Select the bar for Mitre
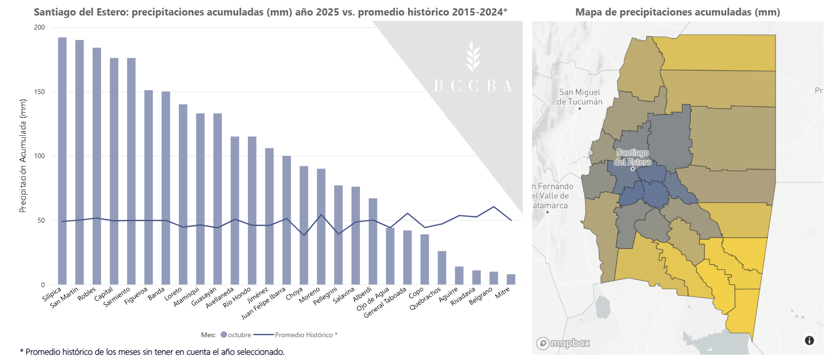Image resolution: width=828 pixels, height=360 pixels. pyautogui.click(x=511, y=279)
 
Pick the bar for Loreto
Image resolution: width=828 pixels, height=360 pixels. pyautogui.click(x=183, y=195)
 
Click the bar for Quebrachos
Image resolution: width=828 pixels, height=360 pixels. pyautogui.click(x=442, y=268)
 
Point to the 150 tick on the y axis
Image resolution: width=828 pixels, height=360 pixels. pyautogui.click(x=39, y=92)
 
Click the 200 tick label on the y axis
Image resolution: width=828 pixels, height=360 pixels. pyautogui.click(x=39, y=27)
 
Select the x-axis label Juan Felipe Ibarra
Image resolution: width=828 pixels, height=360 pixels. pyautogui.click(x=263, y=303)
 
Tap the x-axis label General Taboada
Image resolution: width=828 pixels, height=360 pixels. pyautogui.click(x=385, y=302)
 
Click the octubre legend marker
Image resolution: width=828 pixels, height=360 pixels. pyautogui.click(x=224, y=335)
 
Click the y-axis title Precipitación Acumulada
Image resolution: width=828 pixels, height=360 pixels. pyautogui.click(x=23, y=156)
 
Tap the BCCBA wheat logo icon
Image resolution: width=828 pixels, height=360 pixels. pyautogui.click(x=473, y=56)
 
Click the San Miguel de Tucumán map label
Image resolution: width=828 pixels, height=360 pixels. pyautogui.click(x=580, y=97)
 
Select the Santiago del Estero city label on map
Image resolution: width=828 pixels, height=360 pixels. pyautogui.click(x=633, y=157)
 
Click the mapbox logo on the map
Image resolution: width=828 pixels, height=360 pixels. pyautogui.click(x=563, y=343)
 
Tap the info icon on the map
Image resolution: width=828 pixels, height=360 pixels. pyautogui.click(x=809, y=341)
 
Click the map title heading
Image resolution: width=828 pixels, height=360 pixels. pyautogui.click(x=678, y=12)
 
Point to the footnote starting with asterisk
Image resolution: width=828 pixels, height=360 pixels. pyautogui.click(x=152, y=352)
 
